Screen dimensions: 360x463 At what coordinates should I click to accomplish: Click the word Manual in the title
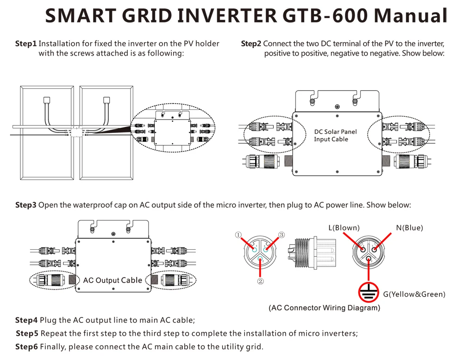[x=410, y=16]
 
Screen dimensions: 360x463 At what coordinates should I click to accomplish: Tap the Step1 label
[x=25, y=44]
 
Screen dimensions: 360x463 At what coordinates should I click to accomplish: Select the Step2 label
[x=251, y=44]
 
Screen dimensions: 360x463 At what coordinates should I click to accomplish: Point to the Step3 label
[x=25, y=205]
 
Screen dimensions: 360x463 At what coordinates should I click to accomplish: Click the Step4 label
[x=26, y=320]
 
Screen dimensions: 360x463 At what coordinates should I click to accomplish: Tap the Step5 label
[x=27, y=334]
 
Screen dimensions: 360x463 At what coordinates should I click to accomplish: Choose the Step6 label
[x=26, y=347]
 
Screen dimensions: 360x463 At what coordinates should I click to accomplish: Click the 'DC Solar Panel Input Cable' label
[x=336, y=135]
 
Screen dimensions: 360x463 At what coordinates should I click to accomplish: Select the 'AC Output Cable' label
[x=113, y=280]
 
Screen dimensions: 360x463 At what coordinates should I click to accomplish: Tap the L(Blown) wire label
[x=344, y=227]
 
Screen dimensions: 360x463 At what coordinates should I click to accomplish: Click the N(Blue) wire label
[x=409, y=227]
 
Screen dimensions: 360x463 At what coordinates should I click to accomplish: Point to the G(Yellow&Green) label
[x=414, y=294]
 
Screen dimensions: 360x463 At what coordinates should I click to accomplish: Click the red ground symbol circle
[x=369, y=291]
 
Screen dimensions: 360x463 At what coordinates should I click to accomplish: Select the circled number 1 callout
[x=238, y=235]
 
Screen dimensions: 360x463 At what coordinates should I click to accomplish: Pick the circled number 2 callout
[x=261, y=281]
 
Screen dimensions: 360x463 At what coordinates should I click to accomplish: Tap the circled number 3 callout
[x=281, y=235]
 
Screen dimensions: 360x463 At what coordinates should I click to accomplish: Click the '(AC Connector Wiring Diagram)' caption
[x=324, y=308]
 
